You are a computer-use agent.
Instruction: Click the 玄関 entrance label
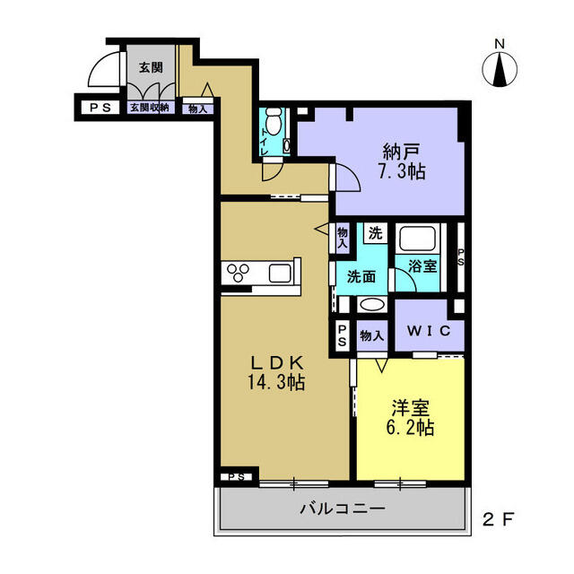tap(151, 68)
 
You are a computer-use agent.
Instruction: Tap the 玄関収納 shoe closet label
tap(150, 108)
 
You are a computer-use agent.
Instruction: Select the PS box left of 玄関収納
tap(100, 108)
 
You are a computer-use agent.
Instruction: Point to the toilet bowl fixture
tap(272, 121)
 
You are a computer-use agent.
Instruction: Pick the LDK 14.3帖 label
tap(276, 372)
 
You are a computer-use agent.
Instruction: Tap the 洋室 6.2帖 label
tap(410, 417)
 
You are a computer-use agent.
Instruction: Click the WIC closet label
tap(429, 331)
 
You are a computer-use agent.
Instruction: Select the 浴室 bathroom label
tap(422, 266)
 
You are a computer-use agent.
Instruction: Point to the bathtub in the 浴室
tap(418, 239)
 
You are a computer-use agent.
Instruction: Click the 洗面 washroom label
tap(361, 277)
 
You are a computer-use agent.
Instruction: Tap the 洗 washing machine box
tap(375, 233)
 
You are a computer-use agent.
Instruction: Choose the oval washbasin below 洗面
tap(372, 305)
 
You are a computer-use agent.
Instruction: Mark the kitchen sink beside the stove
tap(280, 273)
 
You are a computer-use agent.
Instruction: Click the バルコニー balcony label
tap(343, 509)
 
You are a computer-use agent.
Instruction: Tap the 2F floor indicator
tap(499, 519)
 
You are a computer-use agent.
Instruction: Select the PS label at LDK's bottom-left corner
tap(237, 477)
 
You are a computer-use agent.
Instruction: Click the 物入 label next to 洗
tap(343, 238)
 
